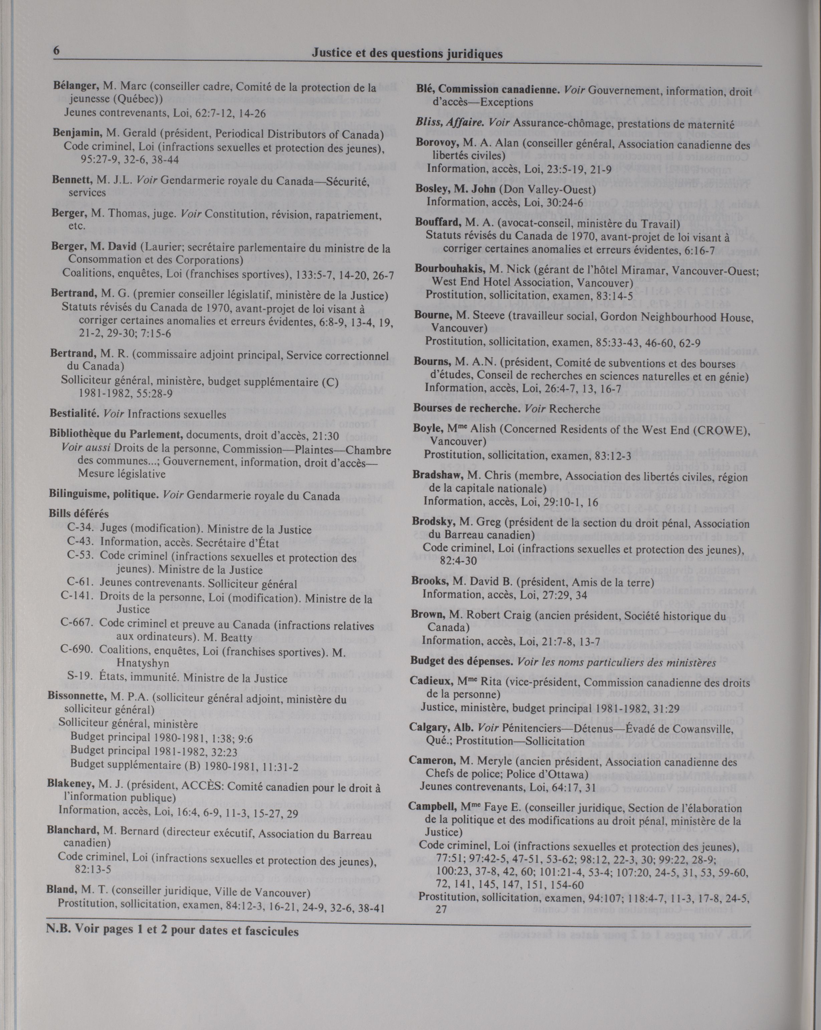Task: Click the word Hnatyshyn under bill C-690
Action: pos(143,664)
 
